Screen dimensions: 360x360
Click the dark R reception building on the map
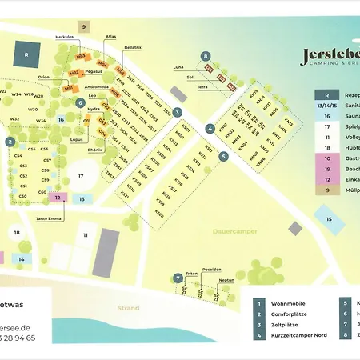click(x=27, y=55)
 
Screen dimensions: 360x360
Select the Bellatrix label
click(x=134, y=70)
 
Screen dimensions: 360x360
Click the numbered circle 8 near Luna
click(x=206, y=56)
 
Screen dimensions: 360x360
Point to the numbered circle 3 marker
click(x=178, y=112)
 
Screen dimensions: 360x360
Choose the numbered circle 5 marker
click(x=224, y=157)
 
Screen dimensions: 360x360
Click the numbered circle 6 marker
click(x=80, y=102)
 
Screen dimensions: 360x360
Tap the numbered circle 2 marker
click(x=10, y=142)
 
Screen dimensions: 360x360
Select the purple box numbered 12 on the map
click(x=58, y=197)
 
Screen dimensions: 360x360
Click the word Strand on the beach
click(x=128, y=308)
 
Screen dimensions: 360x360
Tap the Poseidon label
click(x=211, y=270)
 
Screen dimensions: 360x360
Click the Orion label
click(x=44, y=78)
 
